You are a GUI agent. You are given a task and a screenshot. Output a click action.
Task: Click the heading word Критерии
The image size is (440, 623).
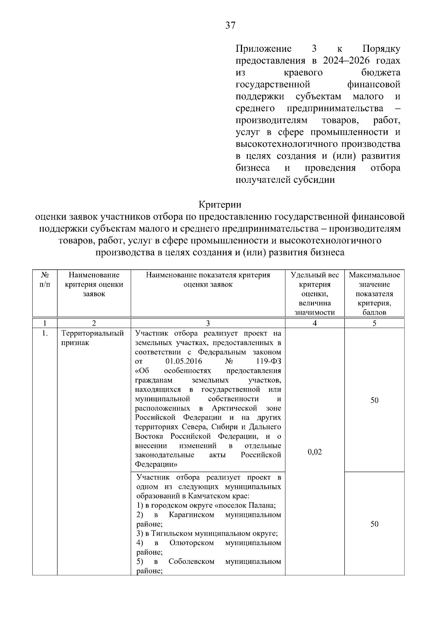click(220, 204)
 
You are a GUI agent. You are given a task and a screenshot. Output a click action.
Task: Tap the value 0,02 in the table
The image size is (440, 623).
click(315, 452)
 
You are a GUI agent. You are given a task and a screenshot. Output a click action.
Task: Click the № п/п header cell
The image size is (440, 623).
click(45, 279)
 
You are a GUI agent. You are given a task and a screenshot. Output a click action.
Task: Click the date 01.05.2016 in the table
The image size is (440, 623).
click(184, 361)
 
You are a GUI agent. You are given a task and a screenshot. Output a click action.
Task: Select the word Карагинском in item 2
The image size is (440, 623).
click(191, 515)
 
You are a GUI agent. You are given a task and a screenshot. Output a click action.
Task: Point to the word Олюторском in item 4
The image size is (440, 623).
click(191, 543)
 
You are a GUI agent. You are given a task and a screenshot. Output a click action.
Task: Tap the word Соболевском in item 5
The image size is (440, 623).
click(191, 562)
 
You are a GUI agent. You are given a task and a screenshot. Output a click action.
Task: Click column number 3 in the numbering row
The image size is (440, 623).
click(208, 323)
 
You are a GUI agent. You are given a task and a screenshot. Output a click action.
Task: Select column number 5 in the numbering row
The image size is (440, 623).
click(374, 323)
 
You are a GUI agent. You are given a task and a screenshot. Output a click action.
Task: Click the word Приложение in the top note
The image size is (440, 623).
click(263, 49)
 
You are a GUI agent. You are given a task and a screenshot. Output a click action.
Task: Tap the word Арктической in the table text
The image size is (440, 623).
click(234, 408)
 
